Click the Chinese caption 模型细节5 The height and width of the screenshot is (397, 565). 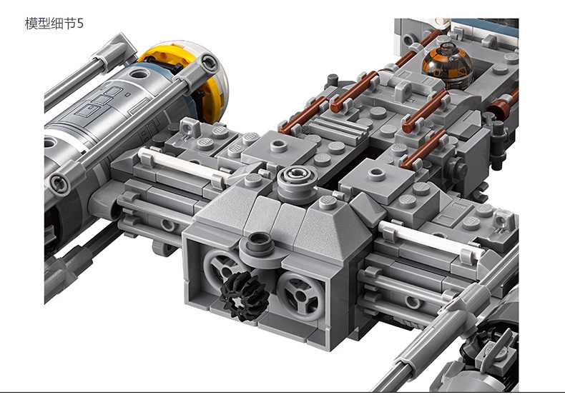[54, 24]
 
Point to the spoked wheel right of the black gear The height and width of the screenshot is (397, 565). [301, 296]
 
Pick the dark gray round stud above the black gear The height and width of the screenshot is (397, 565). [258, 243]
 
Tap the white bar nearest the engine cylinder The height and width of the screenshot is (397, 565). [184, 165]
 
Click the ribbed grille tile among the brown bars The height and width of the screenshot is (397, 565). [337, 129]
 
